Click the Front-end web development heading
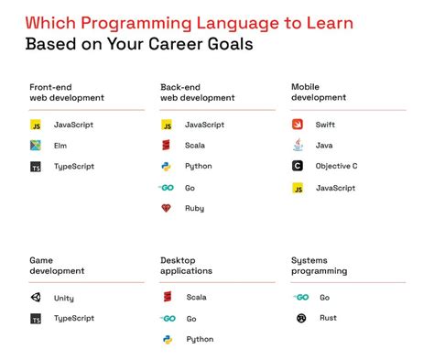[67, 92]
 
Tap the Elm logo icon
[36, 145]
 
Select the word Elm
[60, 145]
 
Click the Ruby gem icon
[167, 209]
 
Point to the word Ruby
[194, 209]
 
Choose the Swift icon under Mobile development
[298, 124]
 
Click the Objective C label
[336, 166]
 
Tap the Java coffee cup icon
[298, 145]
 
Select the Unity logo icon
[36, 298]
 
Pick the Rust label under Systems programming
[327, 319]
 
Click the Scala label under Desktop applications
[196, 298]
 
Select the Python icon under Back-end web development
[167, 166]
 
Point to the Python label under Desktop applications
[199, 340]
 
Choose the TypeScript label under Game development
[74, 319]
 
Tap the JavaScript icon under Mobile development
[298, 188]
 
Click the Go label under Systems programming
[324, 298]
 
